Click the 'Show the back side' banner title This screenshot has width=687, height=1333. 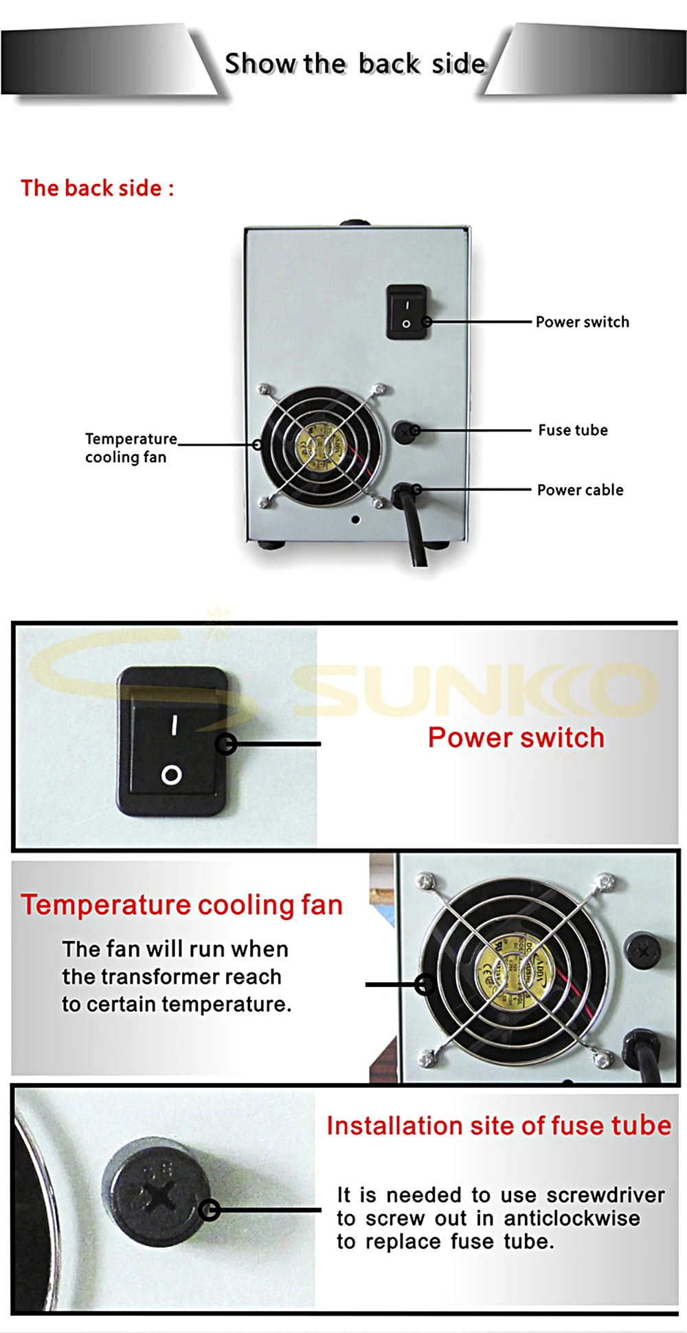point(355,64)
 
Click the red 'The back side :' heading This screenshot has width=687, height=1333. point(97,188)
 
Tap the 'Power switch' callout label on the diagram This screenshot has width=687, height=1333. point(582,322)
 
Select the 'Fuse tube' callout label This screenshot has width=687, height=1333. point(573,431)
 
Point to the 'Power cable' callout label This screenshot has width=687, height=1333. point(580,490)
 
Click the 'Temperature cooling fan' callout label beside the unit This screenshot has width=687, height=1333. point(130,448)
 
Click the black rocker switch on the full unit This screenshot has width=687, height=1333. point(406,312)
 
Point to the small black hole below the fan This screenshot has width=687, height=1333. point(355,520)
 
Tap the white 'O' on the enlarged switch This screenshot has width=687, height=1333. point(171,775)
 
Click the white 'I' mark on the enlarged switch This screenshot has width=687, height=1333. point(174,725)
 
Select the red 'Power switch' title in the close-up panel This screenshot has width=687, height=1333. point(516,738)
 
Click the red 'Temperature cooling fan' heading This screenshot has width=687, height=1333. point(181,905)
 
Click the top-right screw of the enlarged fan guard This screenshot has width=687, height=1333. point(605,880)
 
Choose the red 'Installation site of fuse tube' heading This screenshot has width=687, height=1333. point(499,1126)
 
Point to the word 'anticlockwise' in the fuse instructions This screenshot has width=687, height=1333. point(572,1218)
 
